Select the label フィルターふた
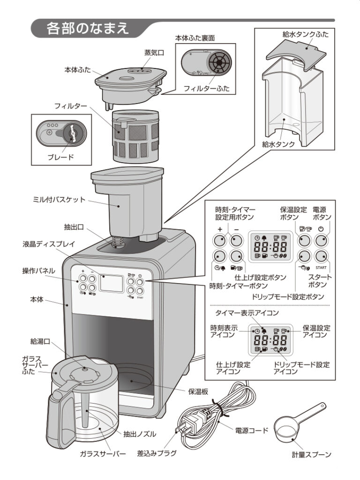coord(206,88)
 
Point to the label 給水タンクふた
coord(305,34)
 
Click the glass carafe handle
coord(54,412)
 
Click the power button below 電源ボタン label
coord(321,240)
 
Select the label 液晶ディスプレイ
coord(46,245)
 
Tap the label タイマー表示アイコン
coord(247,313)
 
